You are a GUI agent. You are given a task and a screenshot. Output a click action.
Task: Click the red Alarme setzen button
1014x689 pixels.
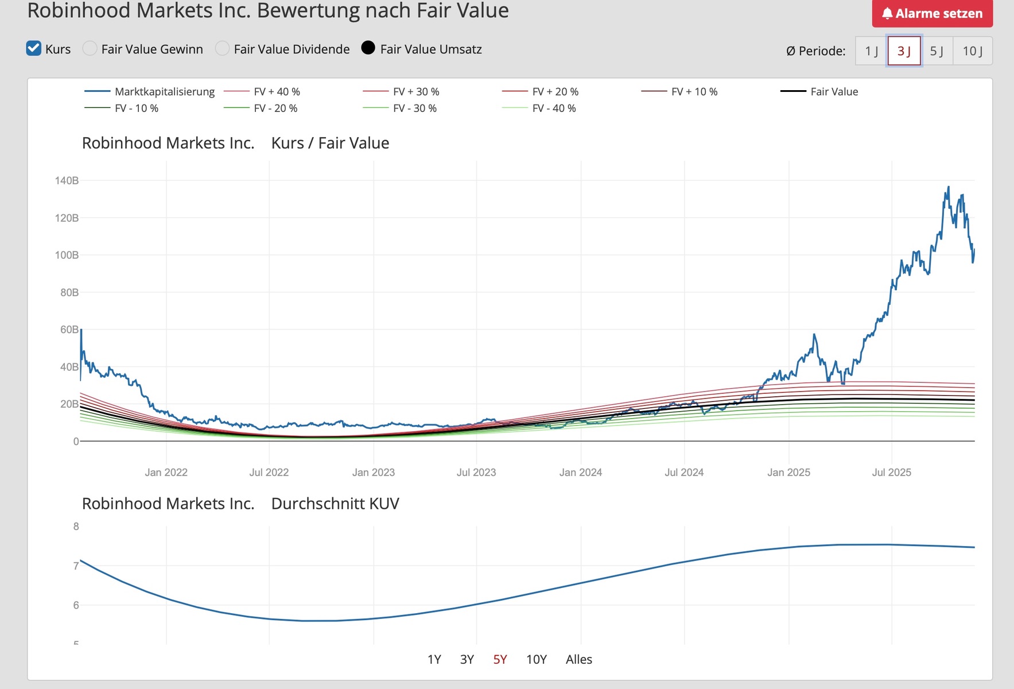(x=932, y=13)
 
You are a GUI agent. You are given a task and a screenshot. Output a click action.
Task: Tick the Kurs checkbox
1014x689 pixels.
(x=34, y=49)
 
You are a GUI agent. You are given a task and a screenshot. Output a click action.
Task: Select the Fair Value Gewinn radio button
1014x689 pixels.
(x=90, y=49)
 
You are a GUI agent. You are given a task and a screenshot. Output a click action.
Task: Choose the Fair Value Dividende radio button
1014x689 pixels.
(x=222, y=49)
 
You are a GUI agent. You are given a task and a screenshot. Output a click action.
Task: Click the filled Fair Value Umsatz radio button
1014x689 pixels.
(x=368, y=48)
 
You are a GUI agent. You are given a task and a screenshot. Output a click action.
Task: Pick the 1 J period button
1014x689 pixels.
(x=871, y=51)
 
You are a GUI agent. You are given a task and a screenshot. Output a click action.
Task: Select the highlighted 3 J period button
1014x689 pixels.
(x=904, y=51)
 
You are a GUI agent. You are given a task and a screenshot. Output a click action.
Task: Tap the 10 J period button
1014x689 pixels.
(x=972, y=51)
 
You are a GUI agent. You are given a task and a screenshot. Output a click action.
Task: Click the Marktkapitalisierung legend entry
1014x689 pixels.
(x=164, y=92)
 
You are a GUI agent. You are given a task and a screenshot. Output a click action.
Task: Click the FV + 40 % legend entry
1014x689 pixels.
(x=277, y=92)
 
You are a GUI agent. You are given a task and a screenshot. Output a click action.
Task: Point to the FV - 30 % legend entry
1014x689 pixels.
(x=414, y=109)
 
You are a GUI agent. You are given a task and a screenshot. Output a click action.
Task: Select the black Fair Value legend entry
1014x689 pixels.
(x=834, y=92)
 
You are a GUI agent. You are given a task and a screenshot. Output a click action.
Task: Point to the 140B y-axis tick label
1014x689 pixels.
(x=67, y=181)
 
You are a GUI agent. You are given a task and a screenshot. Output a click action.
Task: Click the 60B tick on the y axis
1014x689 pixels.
(x=69, y=330)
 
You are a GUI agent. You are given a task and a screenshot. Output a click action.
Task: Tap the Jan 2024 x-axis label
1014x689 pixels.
(x=580, y=473)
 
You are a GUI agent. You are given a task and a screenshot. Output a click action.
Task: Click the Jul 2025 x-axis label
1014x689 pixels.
(x=891, y=473)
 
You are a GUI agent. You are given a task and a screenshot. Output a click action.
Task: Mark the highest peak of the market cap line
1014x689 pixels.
(x=948, y=187)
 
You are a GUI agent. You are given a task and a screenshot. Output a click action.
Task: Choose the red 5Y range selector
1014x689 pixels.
(x=500, y=660)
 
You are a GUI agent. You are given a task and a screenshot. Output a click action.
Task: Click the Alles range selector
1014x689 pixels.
(x=578, y=660)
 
